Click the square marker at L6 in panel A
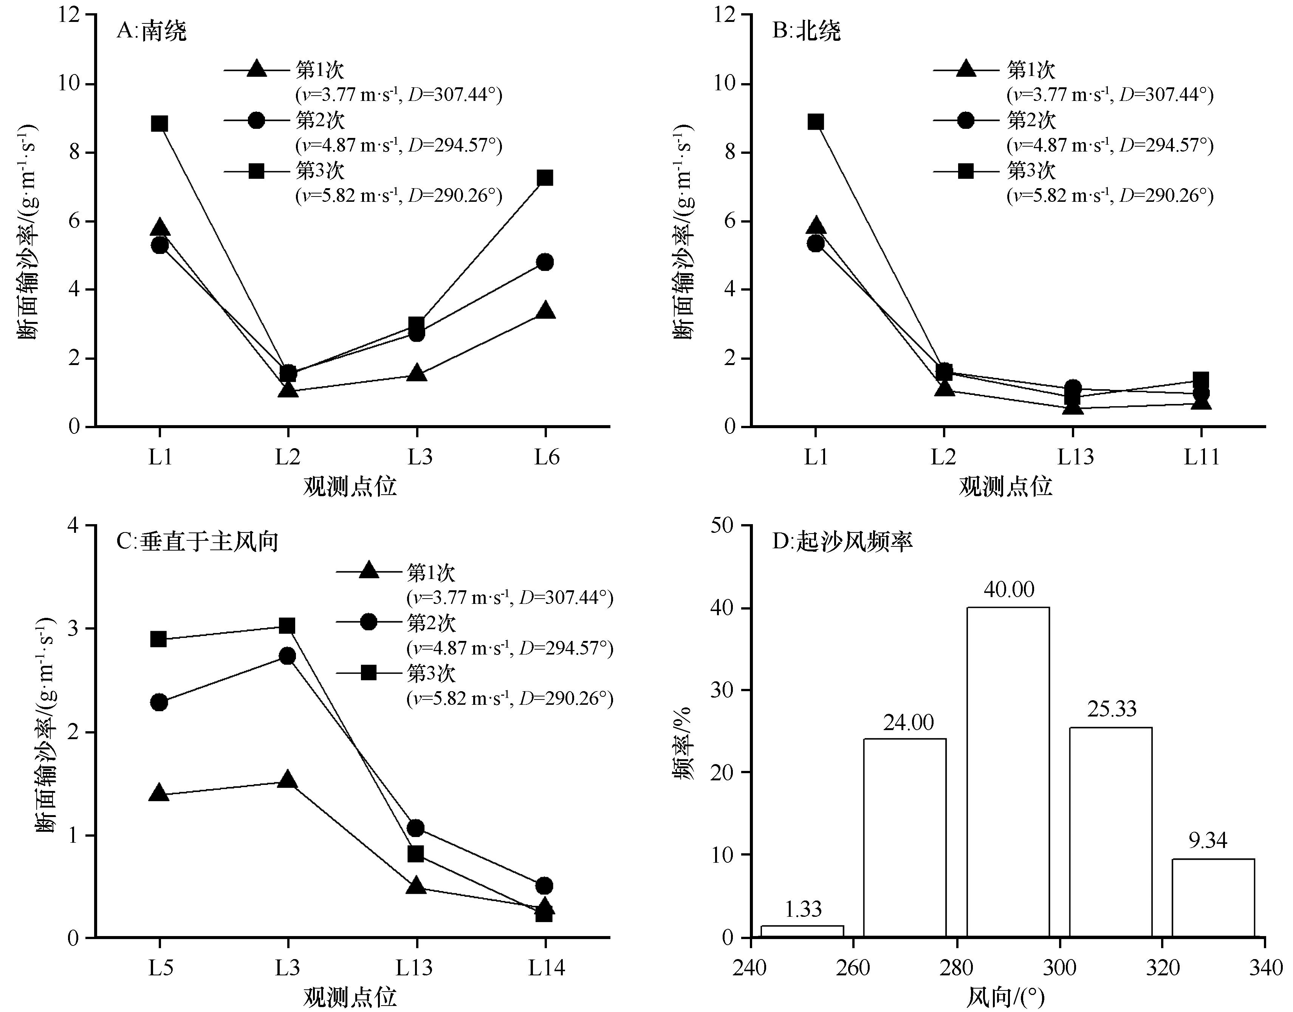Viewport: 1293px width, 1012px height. tap(545, 178)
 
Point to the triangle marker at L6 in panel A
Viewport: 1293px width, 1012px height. tap(545, 311)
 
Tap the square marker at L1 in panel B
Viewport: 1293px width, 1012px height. tap(815, 122)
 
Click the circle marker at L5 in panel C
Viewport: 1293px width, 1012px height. tap(159, 703)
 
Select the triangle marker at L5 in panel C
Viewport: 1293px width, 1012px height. tap(159, 793)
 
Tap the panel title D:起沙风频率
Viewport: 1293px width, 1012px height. tap(842, 542)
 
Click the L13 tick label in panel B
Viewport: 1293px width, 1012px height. tap(1076, 457)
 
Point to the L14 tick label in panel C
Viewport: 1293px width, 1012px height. tap(547, 967)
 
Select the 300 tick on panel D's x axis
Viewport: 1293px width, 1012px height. tap(1059, 967)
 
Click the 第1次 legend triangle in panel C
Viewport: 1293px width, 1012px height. tap(369, 571)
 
